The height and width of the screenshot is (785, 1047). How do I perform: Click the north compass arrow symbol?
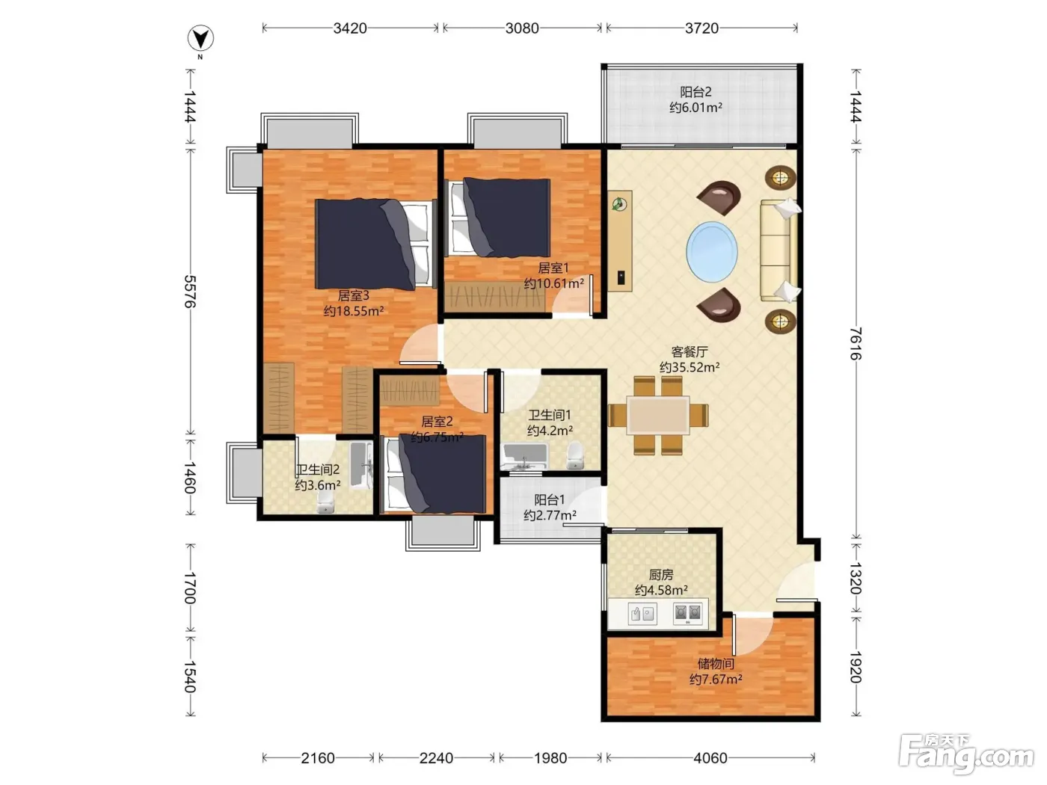click(200, 38)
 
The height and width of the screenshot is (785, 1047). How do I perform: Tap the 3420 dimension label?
click(350, 28)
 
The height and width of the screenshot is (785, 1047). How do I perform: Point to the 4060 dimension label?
click(710, 757)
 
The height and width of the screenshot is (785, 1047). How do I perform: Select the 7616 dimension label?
click(856, 343)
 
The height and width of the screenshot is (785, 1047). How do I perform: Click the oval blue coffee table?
click(712, 251)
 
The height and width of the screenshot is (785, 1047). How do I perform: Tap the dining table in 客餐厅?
click(658, 415)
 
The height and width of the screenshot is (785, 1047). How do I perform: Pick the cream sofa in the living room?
click(779, 250)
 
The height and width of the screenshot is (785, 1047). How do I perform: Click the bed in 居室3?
click(375, 244)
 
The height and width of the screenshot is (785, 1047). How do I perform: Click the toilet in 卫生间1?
click(575, 455)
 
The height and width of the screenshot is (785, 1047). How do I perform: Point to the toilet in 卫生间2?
click(325, 502)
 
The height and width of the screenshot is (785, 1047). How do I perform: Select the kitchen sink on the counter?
click(642, 613)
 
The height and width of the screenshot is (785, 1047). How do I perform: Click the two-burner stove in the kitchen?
click(688, 613)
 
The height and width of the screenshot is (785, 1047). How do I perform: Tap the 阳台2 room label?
click(696, 91)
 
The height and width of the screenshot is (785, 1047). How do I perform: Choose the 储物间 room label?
click(716, 663)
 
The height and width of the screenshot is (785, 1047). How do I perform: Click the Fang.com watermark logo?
click(966, 754)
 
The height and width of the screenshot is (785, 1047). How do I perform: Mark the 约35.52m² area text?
click(690, 367)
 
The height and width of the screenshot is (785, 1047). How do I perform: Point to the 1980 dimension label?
click(550, 757)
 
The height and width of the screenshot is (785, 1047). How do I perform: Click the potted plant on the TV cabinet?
click(620, 205)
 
